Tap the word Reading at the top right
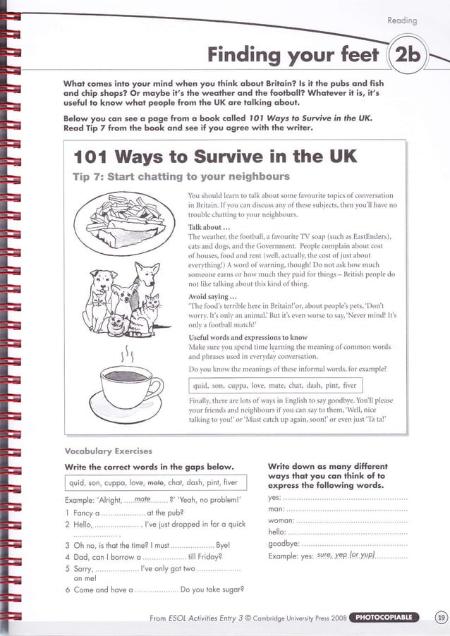pos(403,21)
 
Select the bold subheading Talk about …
pos(209,228)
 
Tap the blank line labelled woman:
pos(348,520)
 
